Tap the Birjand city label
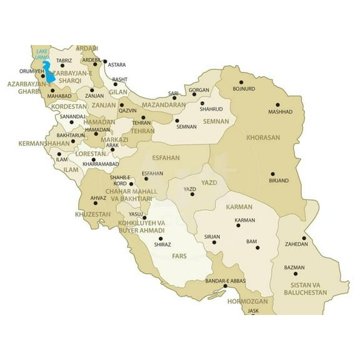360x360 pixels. tap(278, 181)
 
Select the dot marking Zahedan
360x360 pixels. tap(304, 237)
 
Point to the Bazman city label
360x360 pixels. tap(294, 267)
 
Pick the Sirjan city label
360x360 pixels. tap(212, 236)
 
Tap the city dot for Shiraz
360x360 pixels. tap(161, 238)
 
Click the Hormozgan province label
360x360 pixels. tap(247, 301)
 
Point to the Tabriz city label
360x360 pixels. tap(64, 61)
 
